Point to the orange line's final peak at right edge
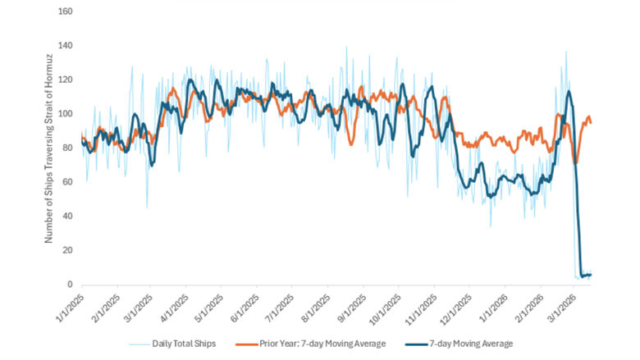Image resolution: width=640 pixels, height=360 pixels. point(587,117)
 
